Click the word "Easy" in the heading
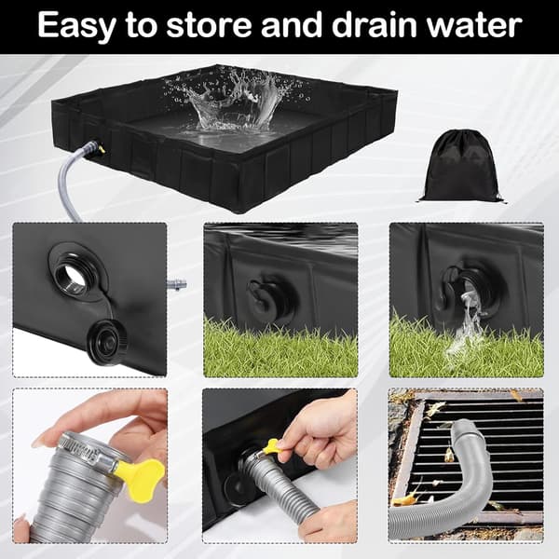pyautogui.click(x=76, y=25)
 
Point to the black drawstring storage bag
pyautogui.click(x=460, y=167)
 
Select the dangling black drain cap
pyautogui.click(x=104, y=338)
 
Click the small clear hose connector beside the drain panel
pyautogui.click(x=177, y=285)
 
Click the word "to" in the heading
pyautogui.click(x=142, y=25)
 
